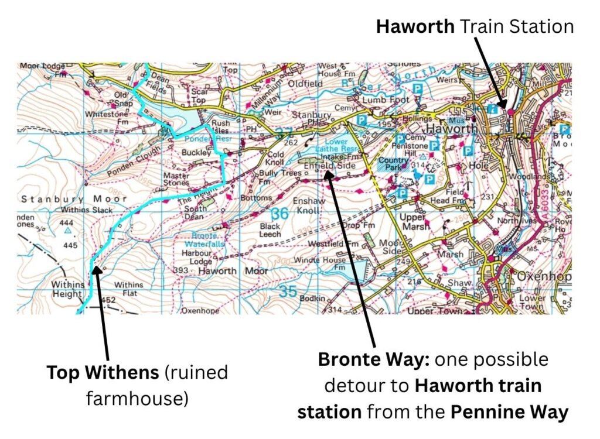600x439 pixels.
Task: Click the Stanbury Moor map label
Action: tap(73, 199)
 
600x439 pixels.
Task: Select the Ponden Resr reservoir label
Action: tap(201, 140)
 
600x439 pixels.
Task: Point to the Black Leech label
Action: tap(270, 230)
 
